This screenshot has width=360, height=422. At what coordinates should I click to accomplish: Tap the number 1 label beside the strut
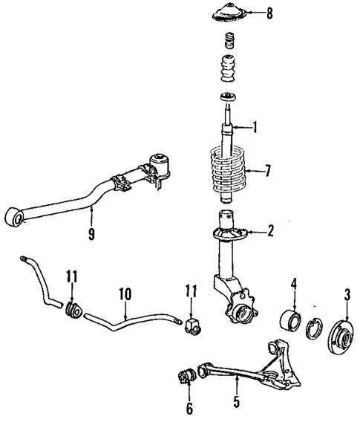click(x=255, y=127)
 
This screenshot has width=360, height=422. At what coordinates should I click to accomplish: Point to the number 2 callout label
click(x=270, y=231)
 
